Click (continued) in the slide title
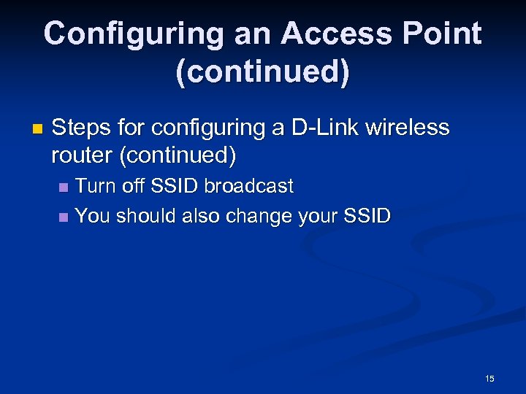click(262, 74)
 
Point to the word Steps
click(82, 128)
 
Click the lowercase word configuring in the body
click(207, 129)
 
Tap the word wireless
click(407, 128)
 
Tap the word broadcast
click(248, 186)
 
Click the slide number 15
click(489, 378)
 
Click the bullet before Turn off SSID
click(64, 188)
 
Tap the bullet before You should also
click(64, 217)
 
